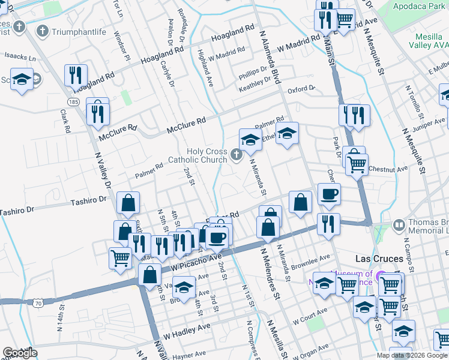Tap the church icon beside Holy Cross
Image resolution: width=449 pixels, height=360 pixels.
[x=237, y=156]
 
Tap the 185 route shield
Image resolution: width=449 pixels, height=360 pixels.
[x=73, y=102]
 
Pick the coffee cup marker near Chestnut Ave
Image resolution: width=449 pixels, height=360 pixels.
[x=329, y=194]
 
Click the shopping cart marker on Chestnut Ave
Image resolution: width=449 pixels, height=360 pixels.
[x=357, y=163]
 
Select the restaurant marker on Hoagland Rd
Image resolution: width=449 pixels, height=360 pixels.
[x=76, y=75]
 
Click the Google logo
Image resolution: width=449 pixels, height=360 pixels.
[x=20, y=353]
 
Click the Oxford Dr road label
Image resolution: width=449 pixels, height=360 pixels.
[x=301, y=89]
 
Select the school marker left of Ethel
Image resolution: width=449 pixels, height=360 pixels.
[x=250, y=140]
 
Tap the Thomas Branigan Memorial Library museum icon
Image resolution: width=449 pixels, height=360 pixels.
[x=398, y=226]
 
